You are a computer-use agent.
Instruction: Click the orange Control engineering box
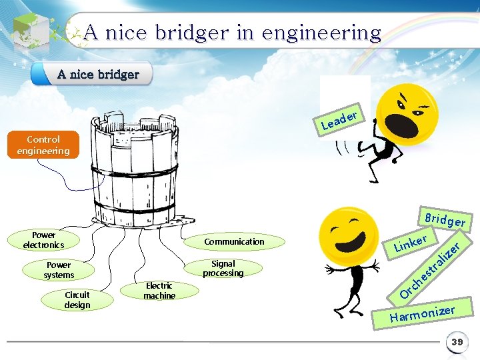click(x=43, y=145)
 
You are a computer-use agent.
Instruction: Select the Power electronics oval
click(x=43, y=240)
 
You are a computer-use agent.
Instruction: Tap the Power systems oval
click(x=59, y=270)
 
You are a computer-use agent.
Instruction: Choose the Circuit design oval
click(x=77, y=300)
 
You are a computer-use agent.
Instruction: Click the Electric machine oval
click(x=159, y=291)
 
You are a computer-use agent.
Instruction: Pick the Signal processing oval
click(x=223, y=269)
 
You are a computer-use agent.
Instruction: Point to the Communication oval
click(x=234, y=241)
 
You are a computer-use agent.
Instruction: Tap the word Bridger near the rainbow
click(x=445, y=220)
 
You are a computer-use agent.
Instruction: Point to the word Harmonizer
click(x=422, y=313)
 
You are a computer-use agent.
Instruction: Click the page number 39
click(x=457, y=342)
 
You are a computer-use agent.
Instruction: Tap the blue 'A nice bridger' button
click(x=98, y=74)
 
